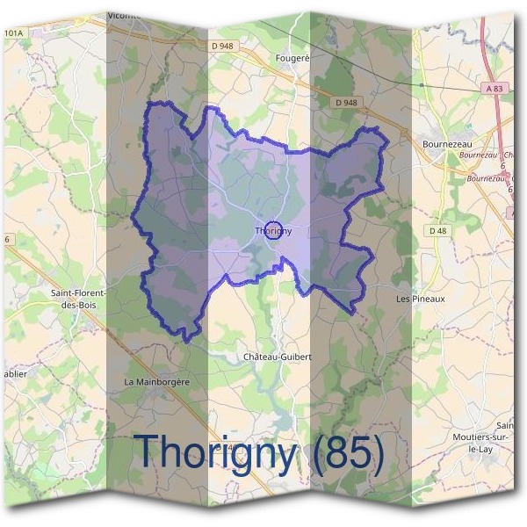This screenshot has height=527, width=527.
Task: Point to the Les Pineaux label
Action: coord(421,299)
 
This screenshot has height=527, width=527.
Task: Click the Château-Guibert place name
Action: coord(277,357)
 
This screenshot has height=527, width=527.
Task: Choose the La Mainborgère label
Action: coord(156,382)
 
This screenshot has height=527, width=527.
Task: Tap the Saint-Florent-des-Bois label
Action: coord(79,298)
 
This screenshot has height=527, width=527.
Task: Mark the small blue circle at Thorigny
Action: coord(272,230)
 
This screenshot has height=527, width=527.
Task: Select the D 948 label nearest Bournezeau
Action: coord(347,102)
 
